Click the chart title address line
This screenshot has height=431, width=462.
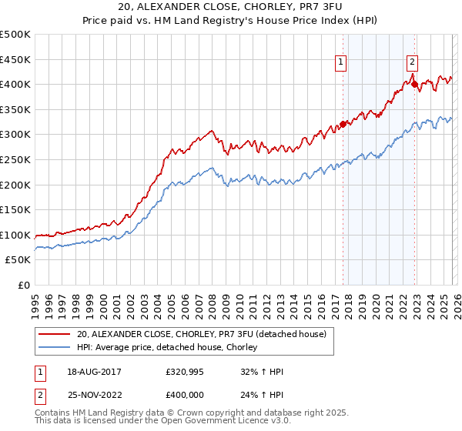tap(231, 7)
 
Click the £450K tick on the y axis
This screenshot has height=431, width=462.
tap(15, 59)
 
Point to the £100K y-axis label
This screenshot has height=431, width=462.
tap(15, 235)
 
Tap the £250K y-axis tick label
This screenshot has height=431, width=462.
tap(15, 159)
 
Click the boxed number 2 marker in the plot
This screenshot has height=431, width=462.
tap(413, 62)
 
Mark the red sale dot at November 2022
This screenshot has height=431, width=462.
tap(415, 84)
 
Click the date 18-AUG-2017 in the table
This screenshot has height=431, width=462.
tap(93, 371)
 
